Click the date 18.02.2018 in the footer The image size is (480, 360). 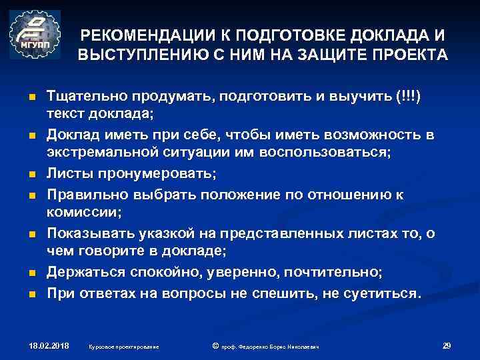coord(51,346)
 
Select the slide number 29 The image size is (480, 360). coord(447,345)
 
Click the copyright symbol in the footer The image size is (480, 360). coord(215,346)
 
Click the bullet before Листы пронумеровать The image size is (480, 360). coord(31,175)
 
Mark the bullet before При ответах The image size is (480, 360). coord(31,293)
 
